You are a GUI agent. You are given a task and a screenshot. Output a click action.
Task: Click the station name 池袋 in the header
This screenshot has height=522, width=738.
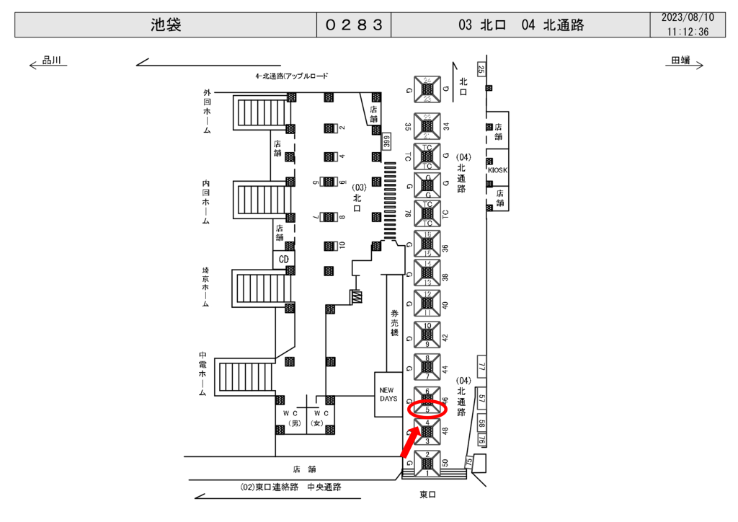(x=166, y=25)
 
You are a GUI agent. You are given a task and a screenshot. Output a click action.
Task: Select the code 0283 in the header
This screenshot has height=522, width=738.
(x=353, y=25)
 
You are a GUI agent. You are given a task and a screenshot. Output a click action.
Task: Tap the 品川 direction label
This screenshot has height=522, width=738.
(x=51, y=61)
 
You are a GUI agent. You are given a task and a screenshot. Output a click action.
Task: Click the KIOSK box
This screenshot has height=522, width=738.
(x=497, y=170)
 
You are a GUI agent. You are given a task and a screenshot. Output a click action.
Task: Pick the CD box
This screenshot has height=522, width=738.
(x=284, y=258)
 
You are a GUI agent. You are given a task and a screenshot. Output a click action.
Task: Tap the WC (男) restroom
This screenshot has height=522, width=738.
(x=293, y=418)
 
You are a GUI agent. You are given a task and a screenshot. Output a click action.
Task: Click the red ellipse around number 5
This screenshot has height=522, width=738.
(x=427, y=410)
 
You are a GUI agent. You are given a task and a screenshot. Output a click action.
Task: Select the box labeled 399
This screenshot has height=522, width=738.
(x=386, y=141)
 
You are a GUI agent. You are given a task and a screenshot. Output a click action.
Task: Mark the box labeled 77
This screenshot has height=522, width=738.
(x=482, y=366)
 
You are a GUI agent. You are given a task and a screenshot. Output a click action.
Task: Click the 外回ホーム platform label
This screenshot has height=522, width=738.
(x=207, y=112)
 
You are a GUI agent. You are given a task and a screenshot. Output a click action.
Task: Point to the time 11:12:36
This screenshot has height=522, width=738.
(x=688, y=32)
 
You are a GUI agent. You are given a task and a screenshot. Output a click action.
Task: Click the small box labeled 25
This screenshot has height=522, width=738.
(x=481, y=69)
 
